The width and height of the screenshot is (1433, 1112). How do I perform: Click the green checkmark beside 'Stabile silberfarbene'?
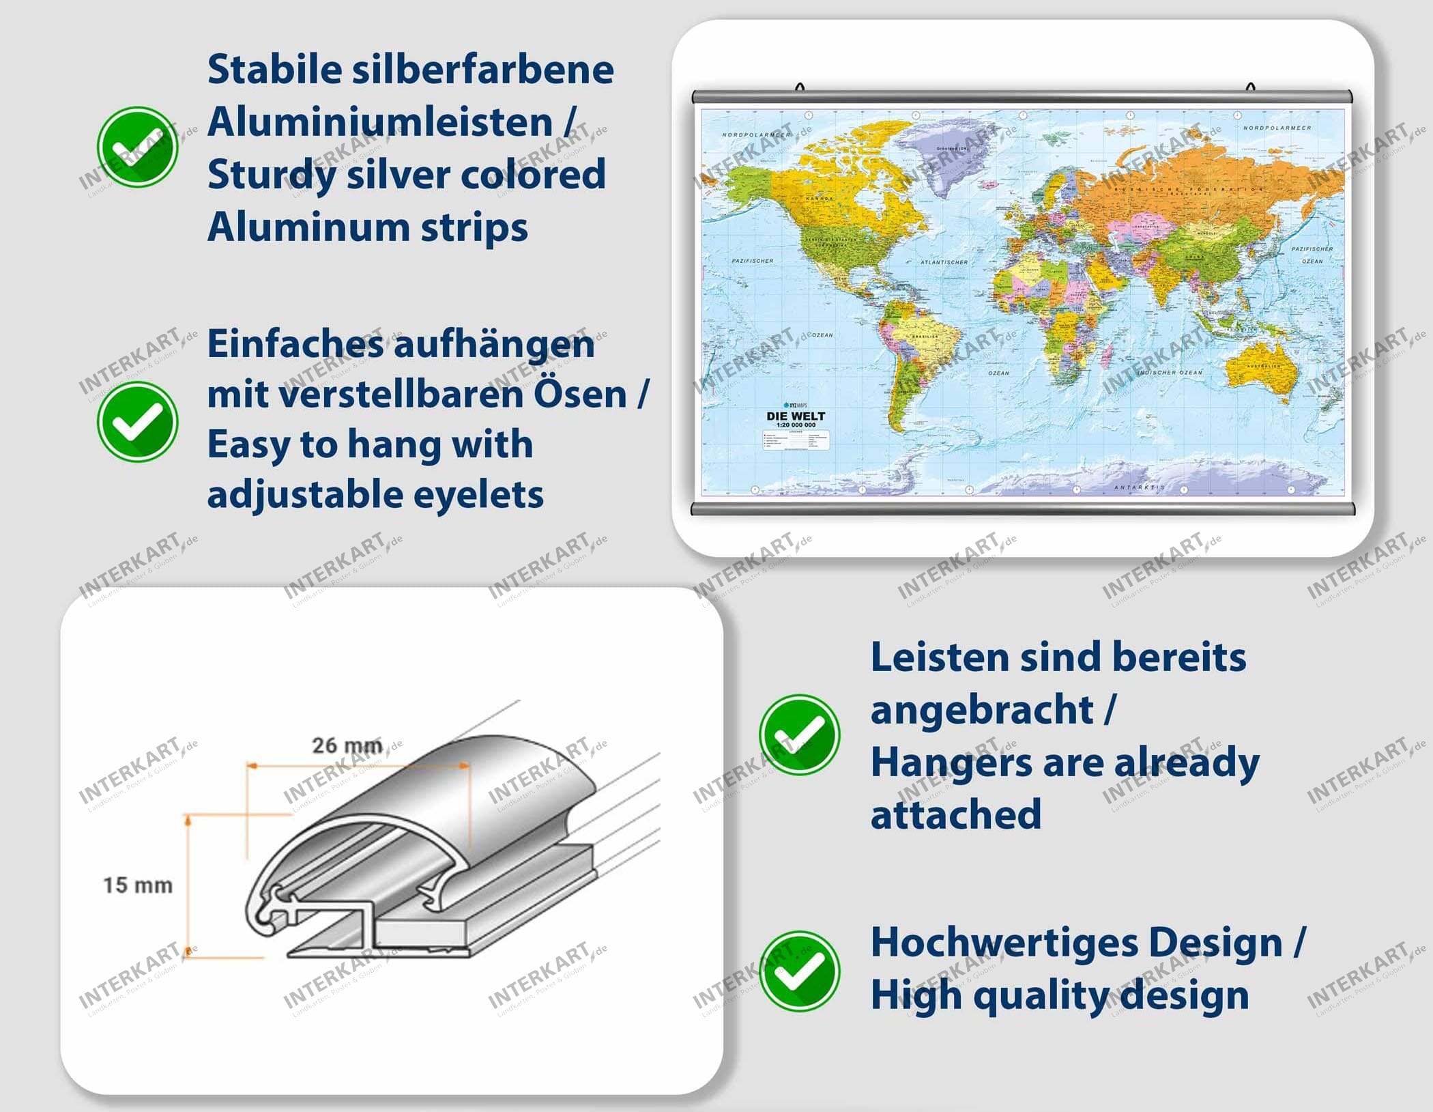[137, 147]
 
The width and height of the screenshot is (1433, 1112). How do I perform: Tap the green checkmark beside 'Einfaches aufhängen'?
[137, 421]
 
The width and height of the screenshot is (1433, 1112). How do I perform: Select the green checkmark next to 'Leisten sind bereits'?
[799, 735]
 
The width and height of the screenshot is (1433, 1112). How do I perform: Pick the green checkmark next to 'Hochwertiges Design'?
[799, 971]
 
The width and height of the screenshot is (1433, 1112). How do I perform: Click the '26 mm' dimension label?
[347, 745]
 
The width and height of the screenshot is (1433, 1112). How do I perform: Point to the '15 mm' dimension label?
[137, 885]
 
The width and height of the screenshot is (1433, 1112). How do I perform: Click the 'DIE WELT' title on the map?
[796, 416]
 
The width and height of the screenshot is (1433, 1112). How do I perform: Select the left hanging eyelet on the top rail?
[800, 87]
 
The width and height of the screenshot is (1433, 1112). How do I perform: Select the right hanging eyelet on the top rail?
[1250, 87]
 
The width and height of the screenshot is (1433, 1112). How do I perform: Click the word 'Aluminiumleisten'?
[380, 122]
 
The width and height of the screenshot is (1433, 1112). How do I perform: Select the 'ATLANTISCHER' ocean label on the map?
[944, 262]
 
